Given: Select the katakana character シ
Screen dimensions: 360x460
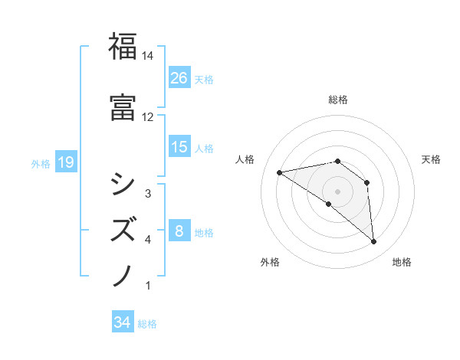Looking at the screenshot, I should tap(123, 182).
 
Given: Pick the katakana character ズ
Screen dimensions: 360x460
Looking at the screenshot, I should tap(123, 228).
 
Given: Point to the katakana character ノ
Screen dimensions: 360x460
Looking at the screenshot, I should tap(123, 274).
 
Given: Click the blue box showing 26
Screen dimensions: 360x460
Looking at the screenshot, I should tap(179, 78).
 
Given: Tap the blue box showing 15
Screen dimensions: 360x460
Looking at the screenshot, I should tap(179, 147).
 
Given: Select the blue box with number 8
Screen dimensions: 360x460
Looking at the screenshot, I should tap(179, 231).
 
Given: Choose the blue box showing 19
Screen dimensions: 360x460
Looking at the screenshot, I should tap(65, 162).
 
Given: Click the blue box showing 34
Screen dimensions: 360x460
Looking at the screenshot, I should tap(123, 322).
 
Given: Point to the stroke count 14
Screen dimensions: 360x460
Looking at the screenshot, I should tap(148, 56).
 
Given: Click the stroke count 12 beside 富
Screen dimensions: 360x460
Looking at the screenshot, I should tap(148, 117).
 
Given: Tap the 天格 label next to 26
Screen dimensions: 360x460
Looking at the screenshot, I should tap(204, 79).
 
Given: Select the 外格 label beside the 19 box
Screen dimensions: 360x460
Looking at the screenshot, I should tap(41, 163).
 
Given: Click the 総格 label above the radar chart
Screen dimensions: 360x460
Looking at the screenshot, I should tap(337, 100).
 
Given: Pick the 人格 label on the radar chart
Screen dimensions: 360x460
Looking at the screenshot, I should tap(245, 159).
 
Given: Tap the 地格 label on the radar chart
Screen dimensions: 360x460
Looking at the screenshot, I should tap(402, 262).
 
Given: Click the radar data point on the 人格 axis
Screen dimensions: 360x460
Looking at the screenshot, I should tap(280, 172).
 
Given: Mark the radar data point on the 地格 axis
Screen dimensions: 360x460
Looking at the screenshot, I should tap(374, 242).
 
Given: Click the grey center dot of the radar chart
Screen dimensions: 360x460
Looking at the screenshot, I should tap(337, 191).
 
